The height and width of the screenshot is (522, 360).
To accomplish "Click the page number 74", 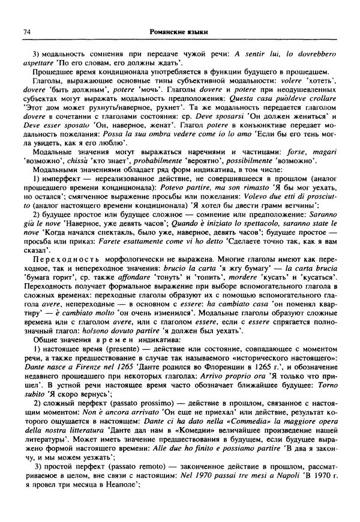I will (27, 31).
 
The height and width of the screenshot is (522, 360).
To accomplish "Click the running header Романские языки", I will (179, 31).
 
